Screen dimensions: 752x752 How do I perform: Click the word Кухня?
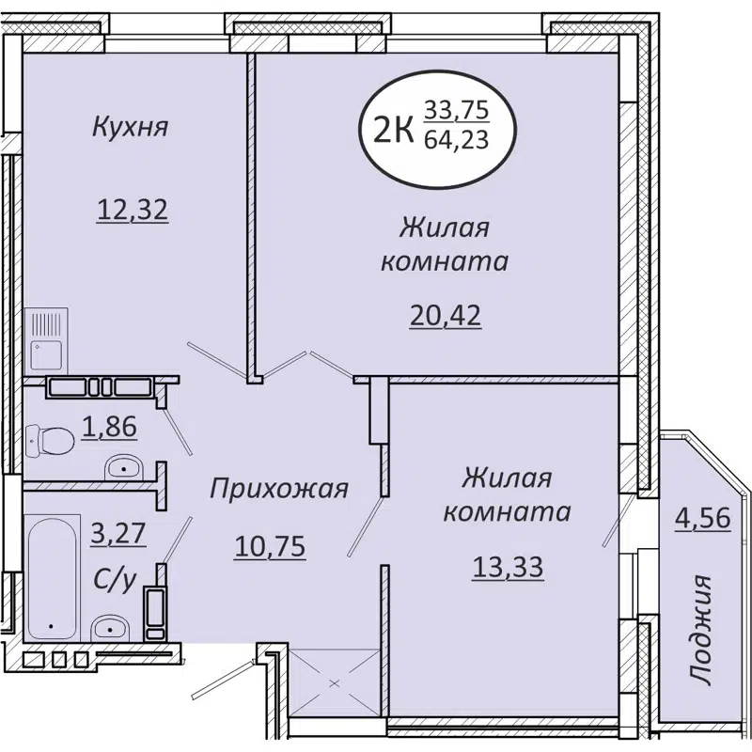click(130, 127)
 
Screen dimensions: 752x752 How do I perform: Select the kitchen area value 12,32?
click(133, 209)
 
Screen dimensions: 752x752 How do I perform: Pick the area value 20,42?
click(445, 315)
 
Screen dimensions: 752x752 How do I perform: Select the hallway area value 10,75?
click(271, 546)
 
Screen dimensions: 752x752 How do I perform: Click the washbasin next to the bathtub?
click(111, 627)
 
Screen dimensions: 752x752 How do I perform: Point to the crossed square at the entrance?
click(334, 683)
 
